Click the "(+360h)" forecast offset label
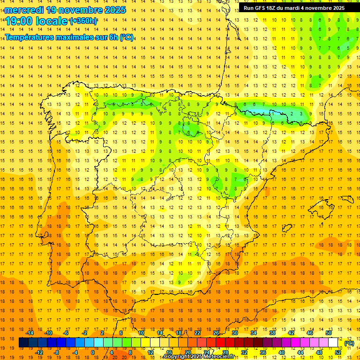click(83, 21)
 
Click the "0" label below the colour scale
click(93, 352)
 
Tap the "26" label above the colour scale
click(216, 333)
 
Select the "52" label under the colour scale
click(338, 352)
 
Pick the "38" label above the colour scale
click(272, 333)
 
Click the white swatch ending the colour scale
click(333, 343)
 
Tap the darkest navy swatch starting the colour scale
click(24, 343)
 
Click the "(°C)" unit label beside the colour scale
click(349, 343)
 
